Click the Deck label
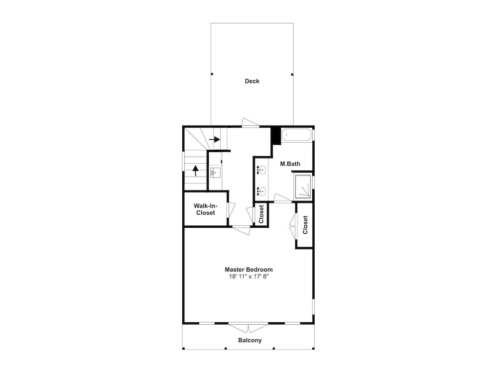pyautogui.click(x=252, y=81)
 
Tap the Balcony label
pyautogui.click(x=250, y=340)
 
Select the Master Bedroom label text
pyautogui.click(x=249, y=270)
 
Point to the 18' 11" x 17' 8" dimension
pyautogui.click(x=249, y=277)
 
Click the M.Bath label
pyautogui.click(x=290, y=164)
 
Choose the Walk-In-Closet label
pyautogui.click(x=206, y=209)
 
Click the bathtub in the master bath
pyautogui.click(x=297, y=135)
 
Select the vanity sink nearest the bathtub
pyautogui.click(x=261, y=171)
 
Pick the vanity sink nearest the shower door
pyautogui.click(x=261, y=191)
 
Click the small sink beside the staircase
pyautogui.click(x=215, y=173)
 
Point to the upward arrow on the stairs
pyautogui.click(x=195, y=171)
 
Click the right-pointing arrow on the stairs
pyautogui.click(x=215, y=139)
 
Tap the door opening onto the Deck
pyautogui.click(x=250, y=123)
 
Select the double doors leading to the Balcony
pyautogui.click(x=249, y=328)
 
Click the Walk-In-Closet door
pyautogui.click(x=231, y=210)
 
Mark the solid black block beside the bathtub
pyautogui.click(x=276, y=136)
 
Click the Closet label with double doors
pyautogui.click(x=305, y=225)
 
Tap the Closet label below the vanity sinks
pyautogui.click(x=261, y=214)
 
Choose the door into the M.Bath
pyautogui.click(x=283, y=198)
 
